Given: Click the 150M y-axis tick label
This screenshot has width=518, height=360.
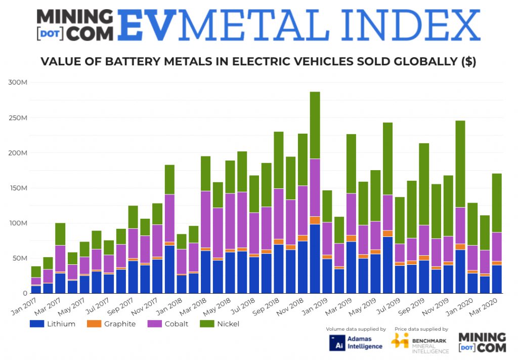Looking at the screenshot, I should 19,188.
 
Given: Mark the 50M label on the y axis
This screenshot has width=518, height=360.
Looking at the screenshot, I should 20,258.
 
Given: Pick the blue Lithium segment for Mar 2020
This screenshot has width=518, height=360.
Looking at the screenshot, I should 497,279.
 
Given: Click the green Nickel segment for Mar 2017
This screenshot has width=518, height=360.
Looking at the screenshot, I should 60,234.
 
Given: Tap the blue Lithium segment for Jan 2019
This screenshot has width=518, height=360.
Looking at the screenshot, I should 327,276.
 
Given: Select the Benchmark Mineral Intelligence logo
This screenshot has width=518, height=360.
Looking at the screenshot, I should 420,343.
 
